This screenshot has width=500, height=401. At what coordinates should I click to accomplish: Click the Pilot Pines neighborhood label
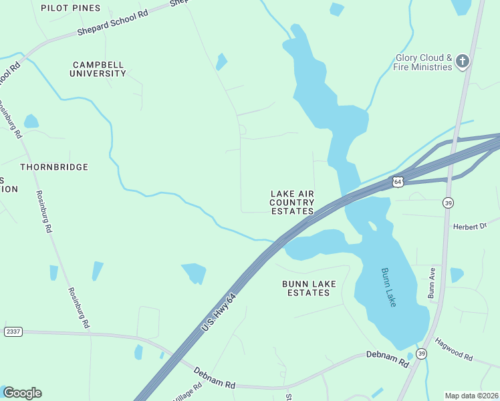pyautogui.click(x=70, y=8)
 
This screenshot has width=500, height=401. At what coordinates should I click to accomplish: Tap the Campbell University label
pyautogui.click(x=98, y=69)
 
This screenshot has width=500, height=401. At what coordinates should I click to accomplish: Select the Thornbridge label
pyautogui.click(x=54, y=166)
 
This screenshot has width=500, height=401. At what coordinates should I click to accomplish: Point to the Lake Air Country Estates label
pyautogui.click(x=292, y=203)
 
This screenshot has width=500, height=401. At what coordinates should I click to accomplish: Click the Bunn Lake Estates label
pyautogui.click(x=309, y=288)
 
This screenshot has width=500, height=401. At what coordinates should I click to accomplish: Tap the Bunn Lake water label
pyautogui.click(x=389, y=287)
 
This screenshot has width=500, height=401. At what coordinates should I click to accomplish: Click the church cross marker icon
pyautogui.click(x=463, y=62)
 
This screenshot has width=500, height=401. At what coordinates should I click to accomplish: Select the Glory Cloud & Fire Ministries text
pyautogui.click(x=424, y=63)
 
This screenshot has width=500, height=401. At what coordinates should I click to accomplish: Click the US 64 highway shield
pyautogui.click(x=398, y=182)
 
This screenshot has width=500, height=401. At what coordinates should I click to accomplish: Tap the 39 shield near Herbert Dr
pyautogui.click(x=447, y=203)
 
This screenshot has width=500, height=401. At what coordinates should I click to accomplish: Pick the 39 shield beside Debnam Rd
pyautogui.click(x=421, y=353)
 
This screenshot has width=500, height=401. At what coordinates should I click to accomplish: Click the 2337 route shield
pyautogui.click(x=13, y=331)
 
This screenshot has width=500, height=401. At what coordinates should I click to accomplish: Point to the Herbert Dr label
pyautogui.click(x=471, y=227)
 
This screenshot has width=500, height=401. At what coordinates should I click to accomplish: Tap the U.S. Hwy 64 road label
pyautogui.click(x=219, y=313)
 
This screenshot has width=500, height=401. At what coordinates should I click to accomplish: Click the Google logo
pyautogui.click(x=22, y=393)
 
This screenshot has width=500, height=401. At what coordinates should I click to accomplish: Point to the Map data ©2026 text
pyautogui.click(x=471, y=396)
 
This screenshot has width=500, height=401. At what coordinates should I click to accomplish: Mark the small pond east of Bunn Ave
pyautogui.click(x=457, y=274)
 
